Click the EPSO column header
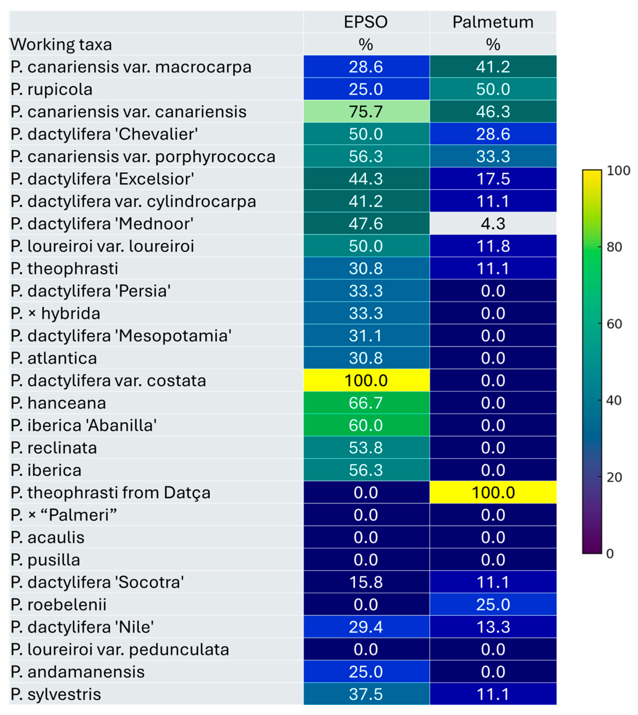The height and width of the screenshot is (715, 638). [x=366, y=22]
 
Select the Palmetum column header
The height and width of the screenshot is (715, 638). [x=493, y=22]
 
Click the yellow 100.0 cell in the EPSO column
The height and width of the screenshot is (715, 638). [x=366, y=380]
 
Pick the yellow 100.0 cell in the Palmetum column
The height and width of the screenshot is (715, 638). [x=493, y=492]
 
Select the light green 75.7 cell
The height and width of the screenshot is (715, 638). [x=366, y=112]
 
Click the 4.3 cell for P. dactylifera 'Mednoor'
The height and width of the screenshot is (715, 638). [x=493, y=224]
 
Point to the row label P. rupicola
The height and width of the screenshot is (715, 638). [x=52, y=89]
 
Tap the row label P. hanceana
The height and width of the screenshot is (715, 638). [x=58, y=403]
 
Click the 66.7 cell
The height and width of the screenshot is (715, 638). [x=366, y=403]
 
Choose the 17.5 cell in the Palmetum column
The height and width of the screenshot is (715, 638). [x=493, y=179]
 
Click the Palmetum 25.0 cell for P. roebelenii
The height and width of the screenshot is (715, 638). [x=493, y=605]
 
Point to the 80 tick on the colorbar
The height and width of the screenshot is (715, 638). [x=614, y=247]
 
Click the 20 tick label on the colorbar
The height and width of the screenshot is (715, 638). [x=614, y=477]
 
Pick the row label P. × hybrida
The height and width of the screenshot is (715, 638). [x=55, y=313]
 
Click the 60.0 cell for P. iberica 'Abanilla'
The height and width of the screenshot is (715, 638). [x=366, y=425]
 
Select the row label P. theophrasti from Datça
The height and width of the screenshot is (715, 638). [x=110, y=492]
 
